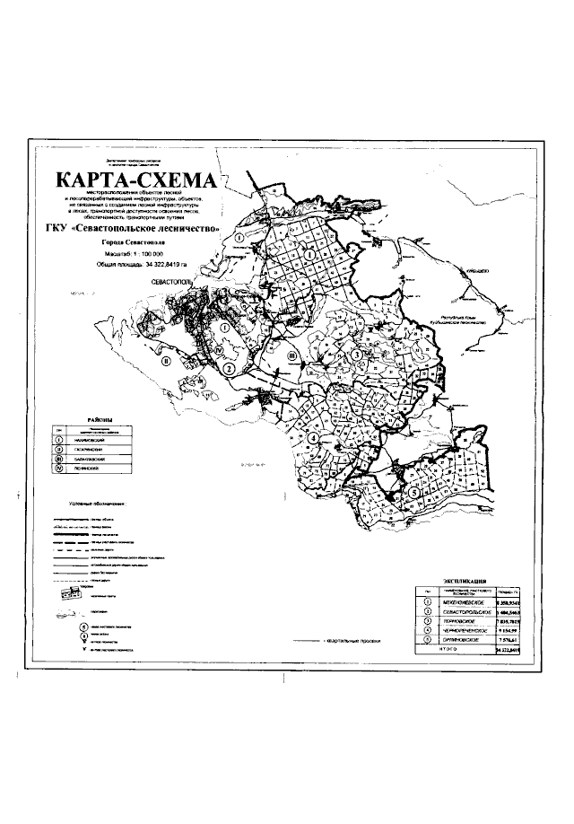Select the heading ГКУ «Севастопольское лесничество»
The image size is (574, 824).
[135, 228]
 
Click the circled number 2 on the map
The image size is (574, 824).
[229, 368]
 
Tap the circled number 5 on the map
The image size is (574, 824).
[413, 492]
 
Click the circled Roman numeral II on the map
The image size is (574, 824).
[165, 364]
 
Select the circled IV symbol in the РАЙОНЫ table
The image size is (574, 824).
[59, 469]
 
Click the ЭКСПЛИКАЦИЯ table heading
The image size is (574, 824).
[465, 582]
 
